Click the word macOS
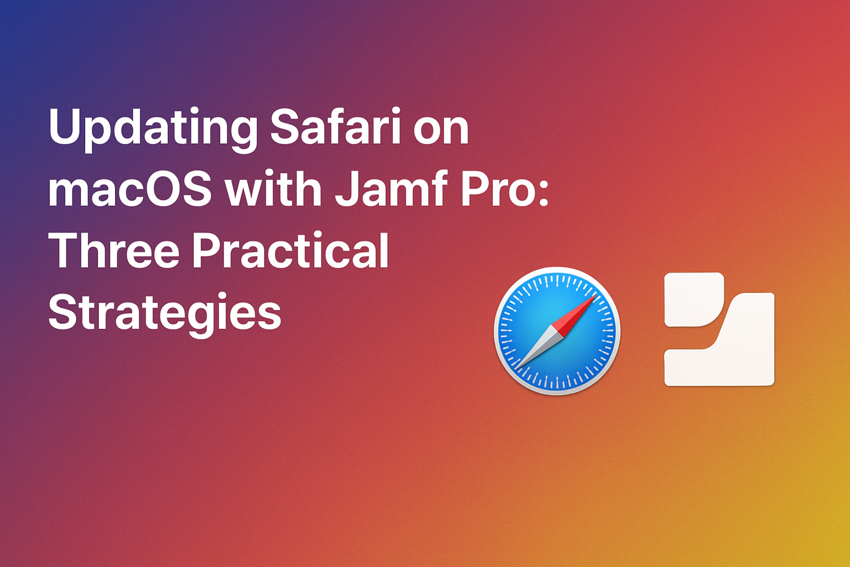[x=129, y=189]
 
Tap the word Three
[x=114, y=250]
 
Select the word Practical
[x=291, y=250]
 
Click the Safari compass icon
[x=557, y=331]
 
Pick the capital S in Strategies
[x=62, y=311]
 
